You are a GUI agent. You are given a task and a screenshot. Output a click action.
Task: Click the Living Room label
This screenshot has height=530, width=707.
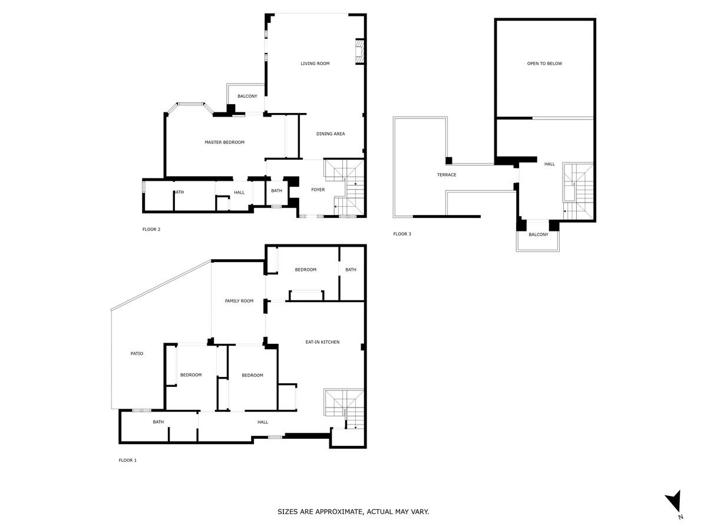315,64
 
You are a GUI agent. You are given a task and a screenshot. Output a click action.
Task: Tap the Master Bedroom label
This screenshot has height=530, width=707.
224,143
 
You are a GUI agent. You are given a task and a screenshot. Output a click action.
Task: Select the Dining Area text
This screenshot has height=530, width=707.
331,134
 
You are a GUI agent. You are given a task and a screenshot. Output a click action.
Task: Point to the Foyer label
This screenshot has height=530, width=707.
318,190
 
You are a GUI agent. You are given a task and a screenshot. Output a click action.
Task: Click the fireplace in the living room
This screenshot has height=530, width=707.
359,51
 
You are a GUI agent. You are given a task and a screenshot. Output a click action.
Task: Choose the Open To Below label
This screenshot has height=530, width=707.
544,64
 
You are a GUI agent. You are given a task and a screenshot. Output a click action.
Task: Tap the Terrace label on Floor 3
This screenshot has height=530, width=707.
447,175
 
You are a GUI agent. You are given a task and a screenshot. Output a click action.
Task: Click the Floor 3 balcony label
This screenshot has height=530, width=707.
538,234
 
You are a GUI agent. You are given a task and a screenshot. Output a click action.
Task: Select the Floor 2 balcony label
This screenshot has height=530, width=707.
247,96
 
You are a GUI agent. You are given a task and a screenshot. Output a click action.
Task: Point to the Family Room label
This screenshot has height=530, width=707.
239,301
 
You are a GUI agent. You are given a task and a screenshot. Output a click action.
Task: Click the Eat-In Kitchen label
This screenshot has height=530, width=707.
322,342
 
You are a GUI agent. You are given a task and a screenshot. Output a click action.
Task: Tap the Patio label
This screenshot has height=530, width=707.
137,353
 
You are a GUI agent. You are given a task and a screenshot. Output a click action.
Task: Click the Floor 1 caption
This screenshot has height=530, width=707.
127,460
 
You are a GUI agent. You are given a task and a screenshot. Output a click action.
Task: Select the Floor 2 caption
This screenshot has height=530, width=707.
151,230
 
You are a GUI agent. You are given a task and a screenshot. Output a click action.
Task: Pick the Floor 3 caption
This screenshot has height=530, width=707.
402,234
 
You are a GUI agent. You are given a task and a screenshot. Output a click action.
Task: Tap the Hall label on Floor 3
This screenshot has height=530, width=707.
550,164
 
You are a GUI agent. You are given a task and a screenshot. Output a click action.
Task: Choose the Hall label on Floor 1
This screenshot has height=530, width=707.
263,422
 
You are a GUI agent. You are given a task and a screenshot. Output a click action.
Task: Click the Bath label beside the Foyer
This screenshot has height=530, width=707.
276,190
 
